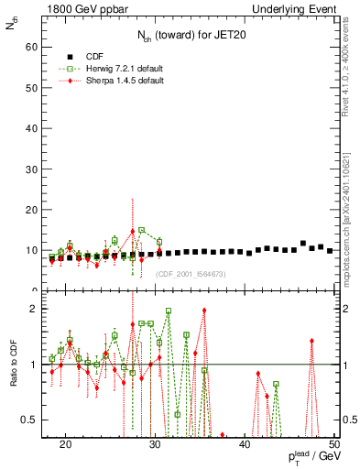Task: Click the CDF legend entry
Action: pos(95,56)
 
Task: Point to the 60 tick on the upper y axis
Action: pos(37,46)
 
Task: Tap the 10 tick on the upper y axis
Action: pos(37,250)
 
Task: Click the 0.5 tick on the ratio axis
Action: pos(37,420)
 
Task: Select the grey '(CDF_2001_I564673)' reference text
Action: pos(191,274)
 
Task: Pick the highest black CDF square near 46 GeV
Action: pos(303,243)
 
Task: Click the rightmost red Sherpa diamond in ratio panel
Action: pos(312,341)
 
